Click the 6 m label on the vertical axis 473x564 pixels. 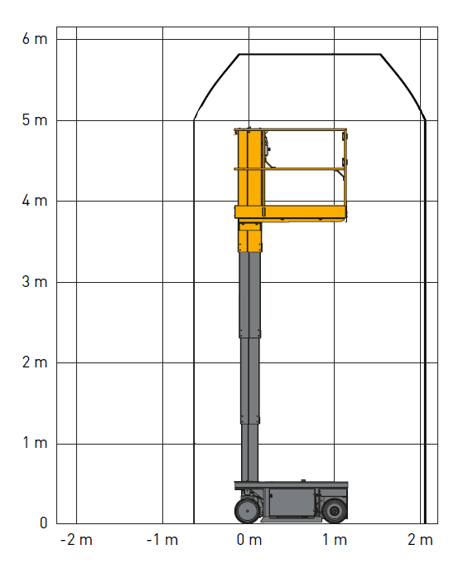point(35,39)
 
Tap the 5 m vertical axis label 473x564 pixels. point(35,120)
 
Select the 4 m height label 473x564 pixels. point(35,201)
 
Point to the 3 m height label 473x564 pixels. point(35,282)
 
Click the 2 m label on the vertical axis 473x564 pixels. point(35,362)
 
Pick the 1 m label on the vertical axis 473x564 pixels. point(36,443)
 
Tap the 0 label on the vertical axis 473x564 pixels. point(43,523)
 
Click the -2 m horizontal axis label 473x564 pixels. point(76,540)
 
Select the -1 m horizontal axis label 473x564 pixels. point(162,540)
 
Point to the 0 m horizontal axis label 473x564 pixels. point(249,540)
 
